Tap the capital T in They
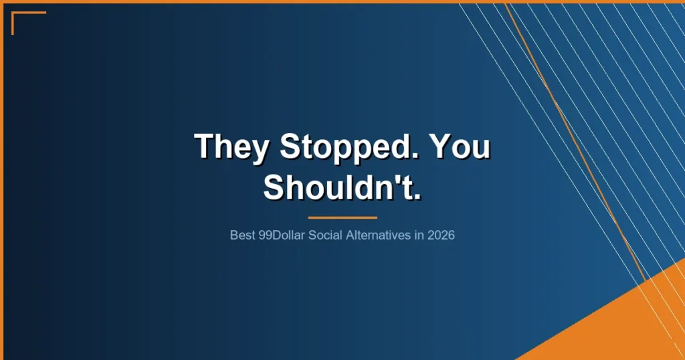point(203,146)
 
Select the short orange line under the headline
point(342,217)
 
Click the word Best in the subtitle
point(242,236)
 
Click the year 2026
point(442,236)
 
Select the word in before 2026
point(419,236)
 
